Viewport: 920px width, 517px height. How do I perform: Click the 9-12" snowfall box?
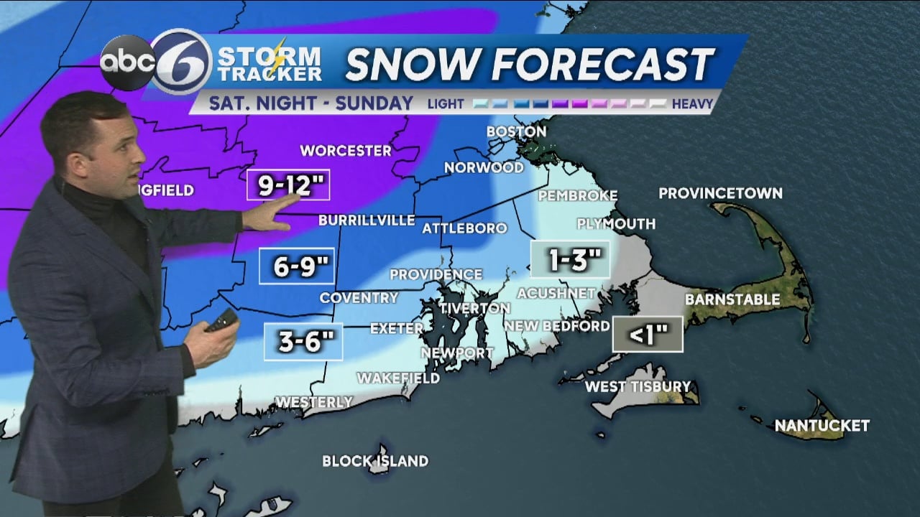coord(287,185)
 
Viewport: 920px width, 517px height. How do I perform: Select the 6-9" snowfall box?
coord(297,266)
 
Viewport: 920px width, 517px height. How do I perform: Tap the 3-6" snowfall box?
coord(303,342)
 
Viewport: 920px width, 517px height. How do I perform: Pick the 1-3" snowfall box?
coord(570,259)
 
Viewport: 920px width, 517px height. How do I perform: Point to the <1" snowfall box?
coord(648,334)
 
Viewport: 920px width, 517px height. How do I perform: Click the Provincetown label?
coord(720,193)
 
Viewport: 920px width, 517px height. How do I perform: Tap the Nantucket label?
coord(822,426)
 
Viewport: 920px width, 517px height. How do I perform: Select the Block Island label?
coord(374,461)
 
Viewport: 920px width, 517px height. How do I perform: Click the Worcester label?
coord(346,151)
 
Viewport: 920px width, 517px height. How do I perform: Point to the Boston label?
coord(516,131)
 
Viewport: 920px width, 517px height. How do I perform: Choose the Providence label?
coord(436,274)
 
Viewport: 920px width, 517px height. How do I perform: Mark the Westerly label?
coord(314,402)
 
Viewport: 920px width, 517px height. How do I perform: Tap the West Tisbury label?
coord(638,386)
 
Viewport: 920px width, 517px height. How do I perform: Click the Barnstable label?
coord(732,299)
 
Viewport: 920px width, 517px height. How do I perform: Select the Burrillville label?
coord(367,220)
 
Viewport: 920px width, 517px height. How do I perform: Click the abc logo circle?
coord(127,63)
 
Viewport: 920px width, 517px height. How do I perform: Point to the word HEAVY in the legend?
coord(692,104)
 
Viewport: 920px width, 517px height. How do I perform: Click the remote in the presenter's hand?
coord(222,320)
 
